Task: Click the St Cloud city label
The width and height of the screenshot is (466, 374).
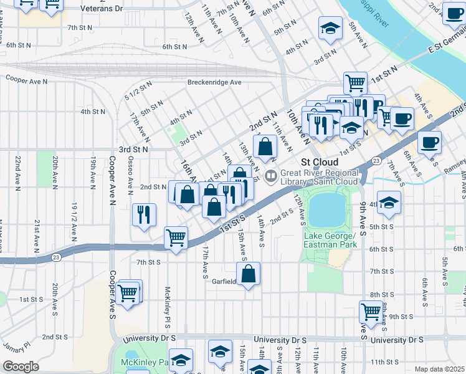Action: pos(319,161)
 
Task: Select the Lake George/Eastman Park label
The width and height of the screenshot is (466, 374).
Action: pos(330,240)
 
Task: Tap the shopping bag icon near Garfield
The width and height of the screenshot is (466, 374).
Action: pos(248,273)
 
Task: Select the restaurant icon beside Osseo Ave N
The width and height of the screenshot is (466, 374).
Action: pos(144,215)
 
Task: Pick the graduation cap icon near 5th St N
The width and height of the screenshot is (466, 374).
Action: pos(330,28)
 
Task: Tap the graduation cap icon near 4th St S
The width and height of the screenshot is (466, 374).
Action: pos(389,203)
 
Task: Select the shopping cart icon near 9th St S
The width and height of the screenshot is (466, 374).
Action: pos(371,310)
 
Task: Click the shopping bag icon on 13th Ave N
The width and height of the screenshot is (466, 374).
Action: pos(265,148)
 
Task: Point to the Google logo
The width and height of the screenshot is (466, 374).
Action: pos(21,367)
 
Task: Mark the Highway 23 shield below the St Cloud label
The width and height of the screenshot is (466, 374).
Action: pos(377,161)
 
